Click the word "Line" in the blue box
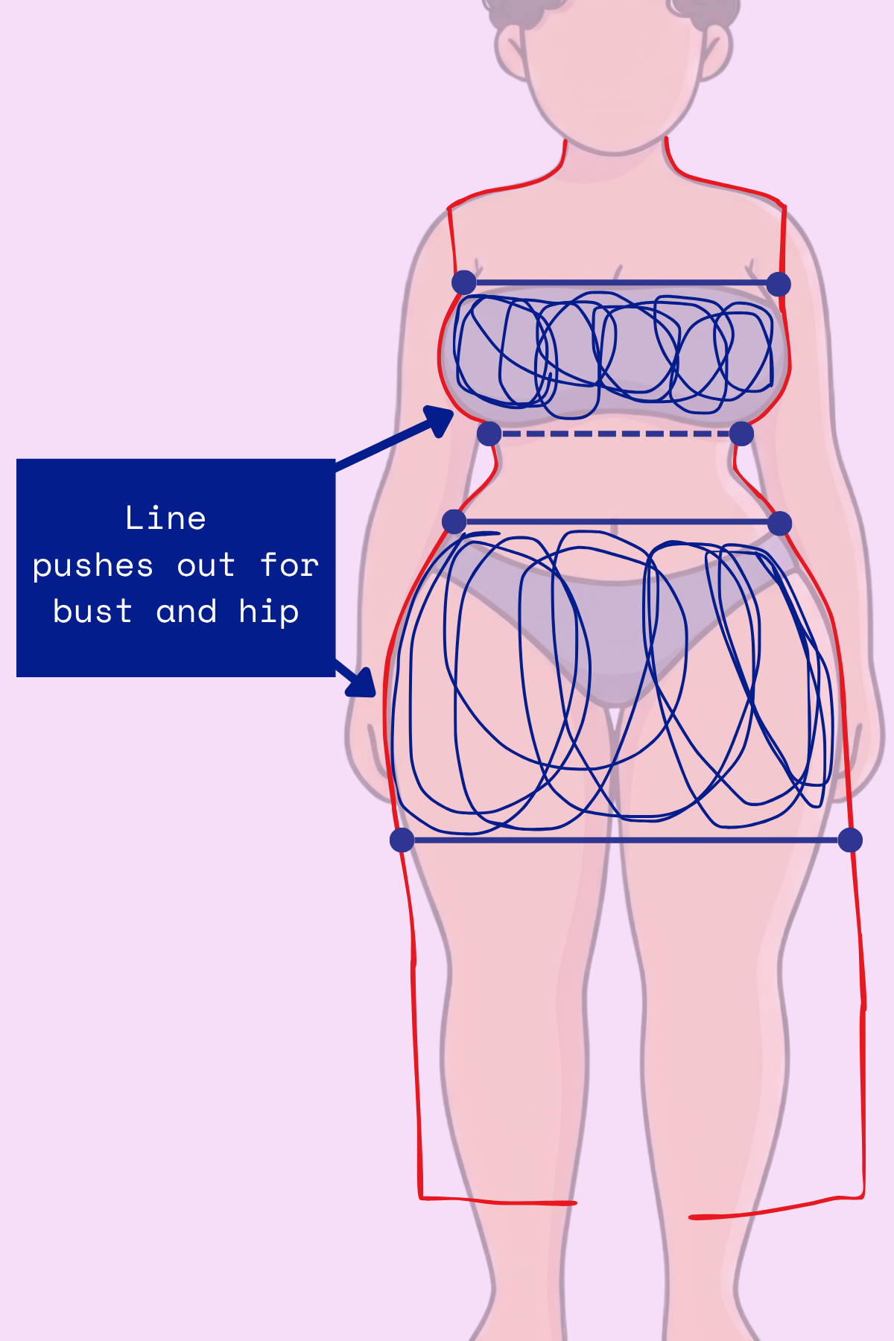[x=165, y=519]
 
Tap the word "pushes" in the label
[x=93, y=566]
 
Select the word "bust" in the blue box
[x=93, y=612]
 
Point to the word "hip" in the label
[x=269, y=612]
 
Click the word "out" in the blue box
[x=206, y=566]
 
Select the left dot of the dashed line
[x=489, y=434]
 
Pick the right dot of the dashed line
[x=741, y=434]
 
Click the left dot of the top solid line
[x=464, y=282]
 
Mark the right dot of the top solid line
[x=779, y=284]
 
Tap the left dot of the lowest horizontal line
[x=402, y=840]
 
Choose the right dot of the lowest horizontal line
[x=850, y=840]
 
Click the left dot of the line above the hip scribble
[x=454, y=521]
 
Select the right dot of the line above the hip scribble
[x=779, y=523]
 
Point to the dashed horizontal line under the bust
[x=615, y=434]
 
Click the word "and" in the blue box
[x=186, y=612]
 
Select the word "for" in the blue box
[x=289, y=566]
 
